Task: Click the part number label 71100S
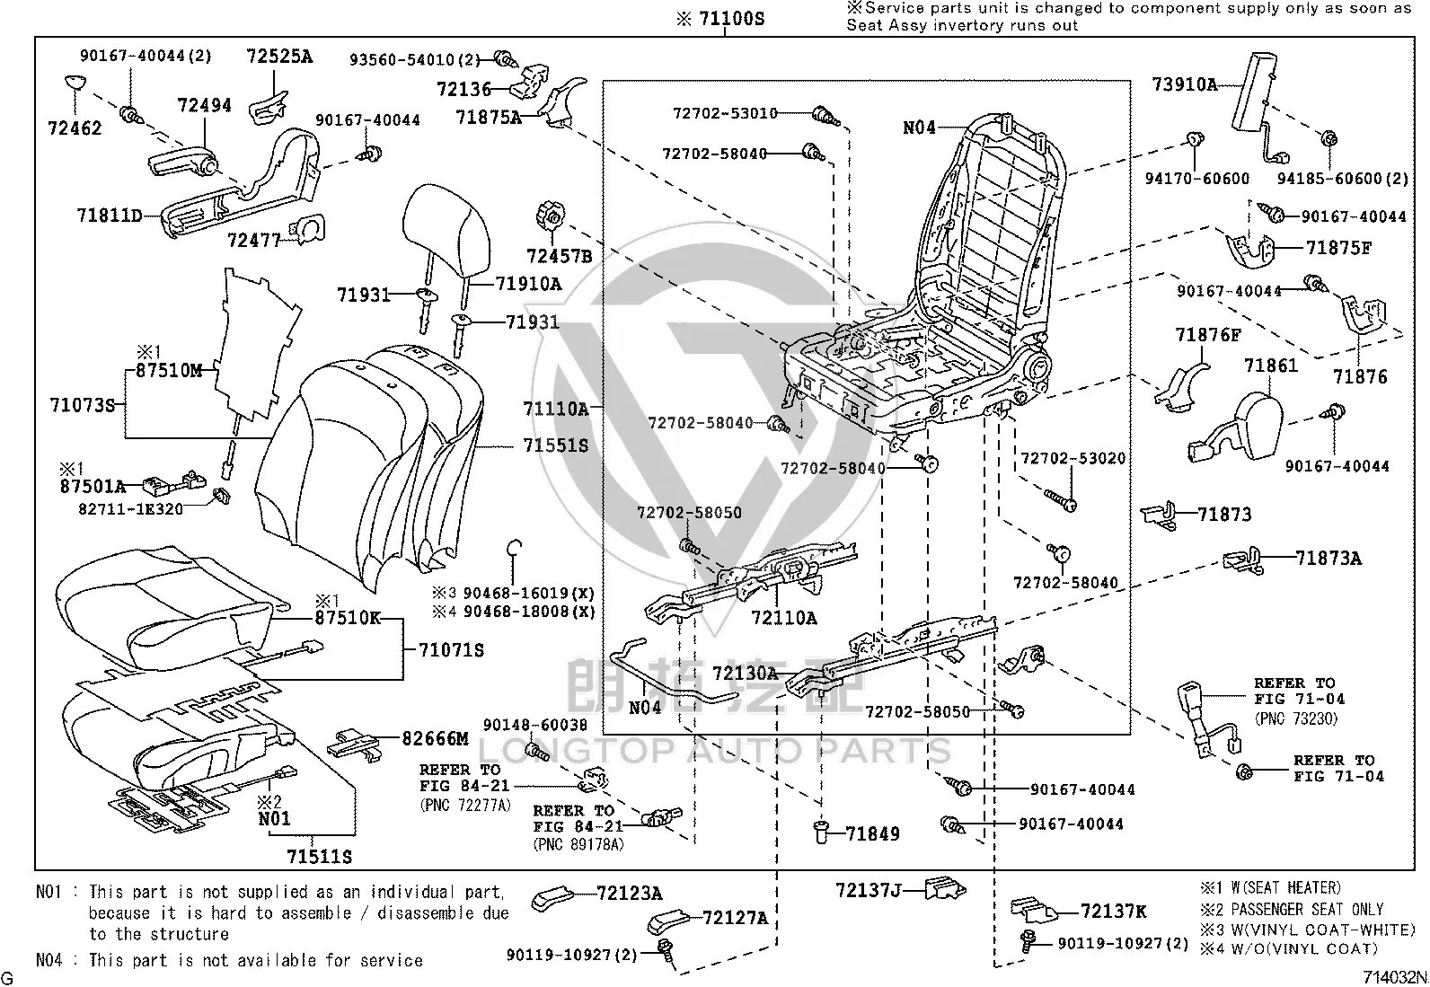[731, 19]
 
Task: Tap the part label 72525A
[279, 57]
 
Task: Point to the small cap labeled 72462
[76, 83]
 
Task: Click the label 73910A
[1184, 84]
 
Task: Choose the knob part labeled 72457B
[551, 216]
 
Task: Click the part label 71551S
[555, 445]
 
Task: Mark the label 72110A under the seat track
[784, 618]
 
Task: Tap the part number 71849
[873, 833]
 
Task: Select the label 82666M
[435, 738]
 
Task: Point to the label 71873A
[1328, 559]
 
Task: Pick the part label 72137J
[869, 890]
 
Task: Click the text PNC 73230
[1296, 718]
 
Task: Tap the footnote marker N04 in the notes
[49, 960]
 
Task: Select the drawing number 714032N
[1394, 977]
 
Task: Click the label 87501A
[93, 487]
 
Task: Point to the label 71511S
[319, 857]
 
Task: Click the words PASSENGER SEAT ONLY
[1308, 909]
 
